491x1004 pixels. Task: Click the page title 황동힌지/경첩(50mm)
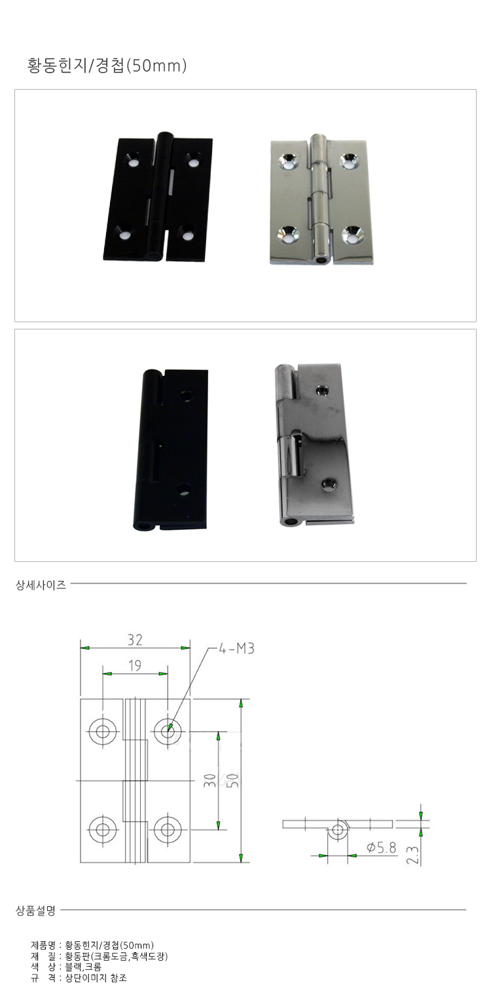[107, 65]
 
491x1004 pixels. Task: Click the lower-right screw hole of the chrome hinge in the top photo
[353, 235]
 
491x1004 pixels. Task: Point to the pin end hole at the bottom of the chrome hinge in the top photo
[321, 259]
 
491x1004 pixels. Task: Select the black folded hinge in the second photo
[171, 450]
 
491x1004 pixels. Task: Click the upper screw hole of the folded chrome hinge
[321, 390]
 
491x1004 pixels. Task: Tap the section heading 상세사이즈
[41, 584]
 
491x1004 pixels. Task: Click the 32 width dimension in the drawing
[135, 640]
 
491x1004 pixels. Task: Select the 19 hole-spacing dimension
[135, 665]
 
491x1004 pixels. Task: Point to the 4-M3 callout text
[236, 648]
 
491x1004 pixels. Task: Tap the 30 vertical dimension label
[209, 780]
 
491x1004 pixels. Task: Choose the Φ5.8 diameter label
[382, 847]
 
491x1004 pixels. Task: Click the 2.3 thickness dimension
[412, 855]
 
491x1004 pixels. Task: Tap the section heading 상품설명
[36, 910]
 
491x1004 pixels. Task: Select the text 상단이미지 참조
[96, 978]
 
